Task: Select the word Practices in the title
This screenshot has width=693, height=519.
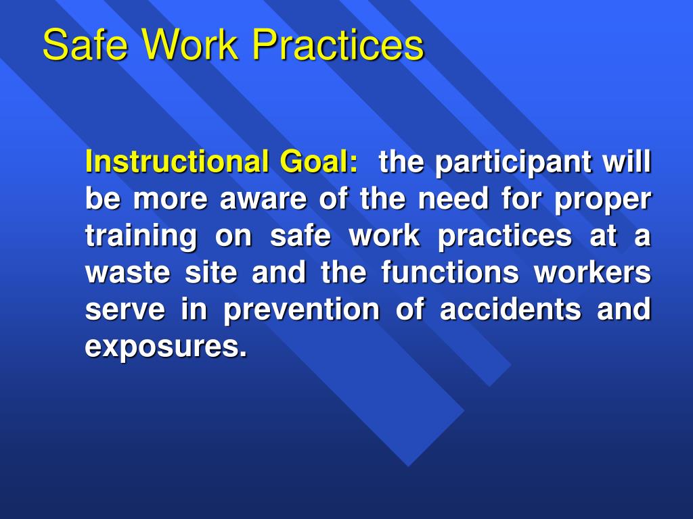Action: (338, 45)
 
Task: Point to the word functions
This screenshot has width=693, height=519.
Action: (449, 274)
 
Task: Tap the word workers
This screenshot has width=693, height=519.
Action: (592, 274)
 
